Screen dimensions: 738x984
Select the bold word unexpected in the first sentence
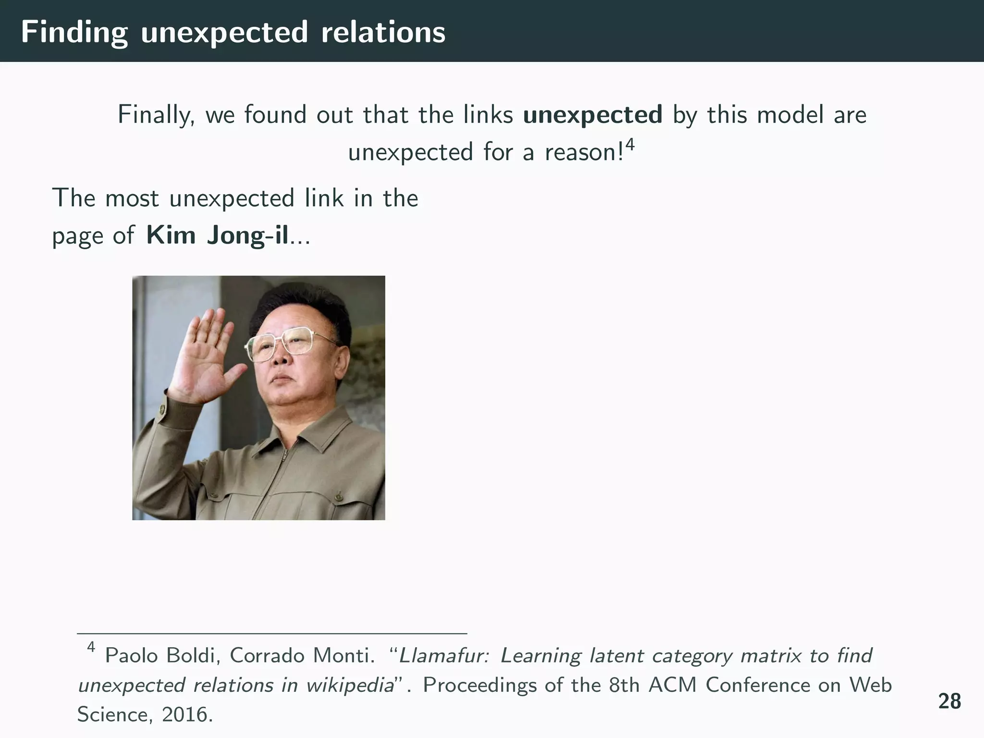click(592, 115)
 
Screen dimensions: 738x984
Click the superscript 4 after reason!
click(630, 144)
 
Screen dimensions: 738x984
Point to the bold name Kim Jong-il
click(217, 235)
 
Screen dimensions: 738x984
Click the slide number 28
click(949, 701)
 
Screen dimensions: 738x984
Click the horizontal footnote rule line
click(272, 634)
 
